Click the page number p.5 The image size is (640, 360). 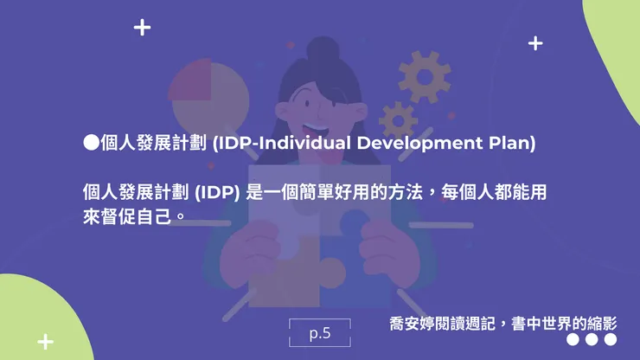[x=320, y=332]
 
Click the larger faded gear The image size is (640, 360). [x=424, y=76]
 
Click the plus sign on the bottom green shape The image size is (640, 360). [x=45, y=341]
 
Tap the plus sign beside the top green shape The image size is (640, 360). [x=535, y=42]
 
